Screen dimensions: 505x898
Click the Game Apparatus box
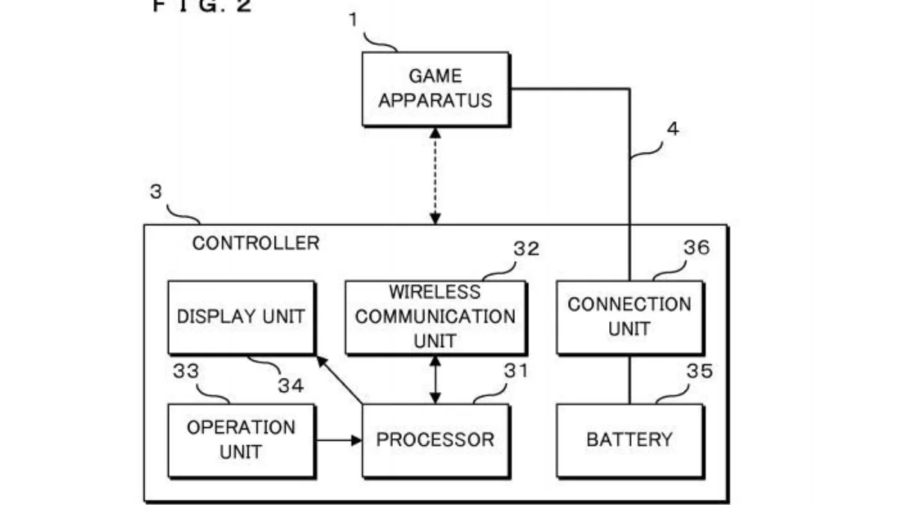coord(435,88)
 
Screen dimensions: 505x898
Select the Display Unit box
coord(240,316)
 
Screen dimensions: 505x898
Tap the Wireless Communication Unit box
coord(435,316)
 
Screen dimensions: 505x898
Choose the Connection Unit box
coord(629,316)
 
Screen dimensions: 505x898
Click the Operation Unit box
coord(240,440)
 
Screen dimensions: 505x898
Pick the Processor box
coord(435,440)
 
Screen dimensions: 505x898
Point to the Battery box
coord(629,440)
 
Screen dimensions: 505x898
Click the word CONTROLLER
coord(255,243)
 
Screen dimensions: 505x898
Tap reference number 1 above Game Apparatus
coord(352,20)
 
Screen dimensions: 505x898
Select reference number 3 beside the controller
coord(156,192)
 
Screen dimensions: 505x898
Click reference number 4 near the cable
coord(673,129)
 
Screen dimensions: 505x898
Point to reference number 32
coord(526,249)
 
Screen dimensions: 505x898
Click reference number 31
coord(515,370)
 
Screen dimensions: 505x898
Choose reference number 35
coord(699,371)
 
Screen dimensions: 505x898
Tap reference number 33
coord(187,371)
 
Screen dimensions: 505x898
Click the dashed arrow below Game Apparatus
coord(435,176)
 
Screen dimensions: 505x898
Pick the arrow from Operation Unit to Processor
coord(338,440)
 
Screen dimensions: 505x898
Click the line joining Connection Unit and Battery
coord(629,379)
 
